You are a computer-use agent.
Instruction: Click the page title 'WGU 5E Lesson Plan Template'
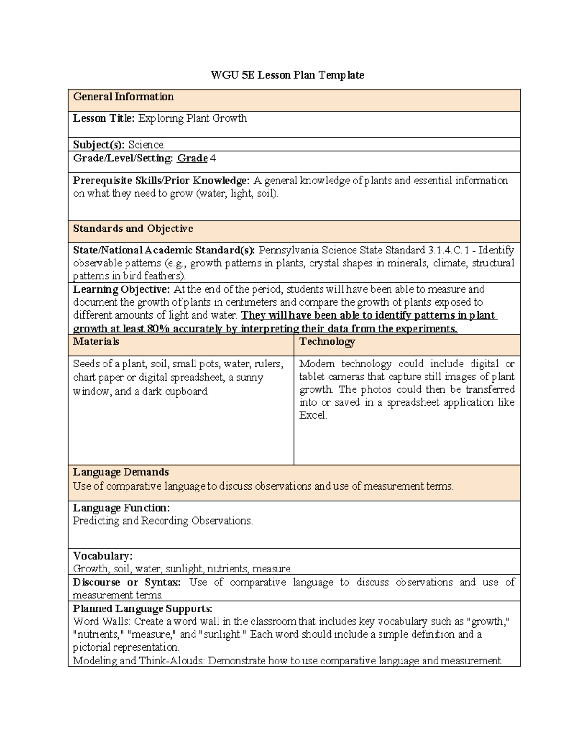coord(287,75)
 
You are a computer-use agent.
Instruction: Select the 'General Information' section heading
coord(123,97)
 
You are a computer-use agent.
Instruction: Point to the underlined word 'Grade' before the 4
coord(192,158)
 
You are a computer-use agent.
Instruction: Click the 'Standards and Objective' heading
coord(133,229)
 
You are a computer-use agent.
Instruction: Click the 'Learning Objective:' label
coord(121,289)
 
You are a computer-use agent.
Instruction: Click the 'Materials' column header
coord(96,342)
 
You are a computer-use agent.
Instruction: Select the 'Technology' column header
coord(327,342)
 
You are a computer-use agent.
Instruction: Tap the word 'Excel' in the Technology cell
coord(312,415)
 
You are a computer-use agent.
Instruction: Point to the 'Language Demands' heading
coord(121,472)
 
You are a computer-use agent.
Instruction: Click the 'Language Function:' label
coord(121,508)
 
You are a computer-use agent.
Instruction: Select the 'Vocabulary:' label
coord(103,556)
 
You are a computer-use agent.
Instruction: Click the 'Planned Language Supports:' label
coord(142,609)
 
